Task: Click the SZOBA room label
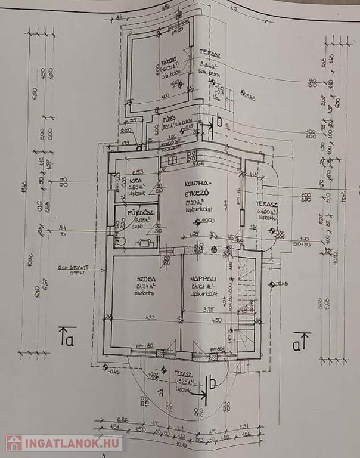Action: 146,278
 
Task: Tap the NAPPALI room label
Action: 203,278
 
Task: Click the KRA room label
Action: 134,181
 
